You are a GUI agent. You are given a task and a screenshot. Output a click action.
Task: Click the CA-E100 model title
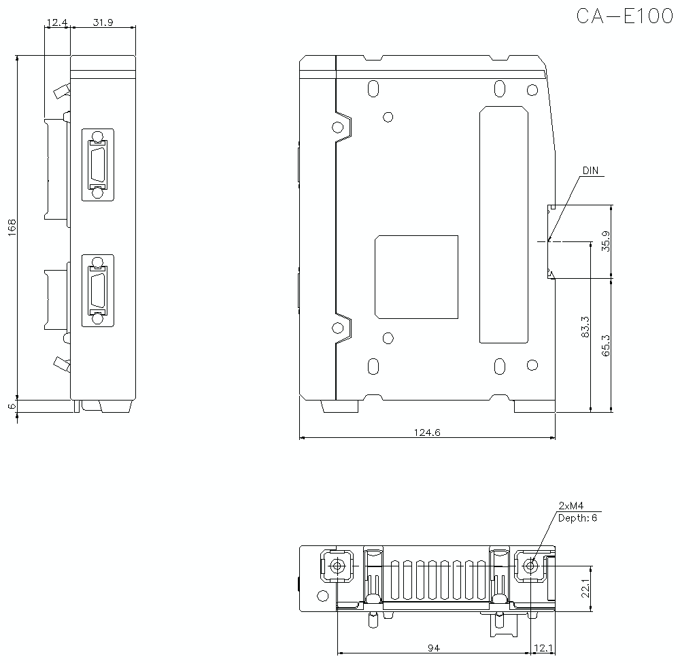click(x=624, y=16)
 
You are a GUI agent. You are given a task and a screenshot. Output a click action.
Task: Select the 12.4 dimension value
click(x=56, y=22)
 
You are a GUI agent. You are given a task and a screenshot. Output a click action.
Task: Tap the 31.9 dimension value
click(x=103, y=22)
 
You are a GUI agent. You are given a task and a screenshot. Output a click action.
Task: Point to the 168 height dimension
click(x=12, y=227)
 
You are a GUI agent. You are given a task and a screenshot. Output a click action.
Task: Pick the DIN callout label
click(x=590, y=171)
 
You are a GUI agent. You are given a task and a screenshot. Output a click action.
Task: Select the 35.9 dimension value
click(x=606, y=241)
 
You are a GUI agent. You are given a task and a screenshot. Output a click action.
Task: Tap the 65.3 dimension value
click(x=606, y=345)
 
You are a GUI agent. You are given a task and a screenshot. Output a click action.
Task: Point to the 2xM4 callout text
click(x=571, y=506)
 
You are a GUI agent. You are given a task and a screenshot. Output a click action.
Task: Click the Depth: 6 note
click(x=577, y=518)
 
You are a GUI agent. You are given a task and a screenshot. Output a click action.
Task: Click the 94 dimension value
click(x=433, y=648)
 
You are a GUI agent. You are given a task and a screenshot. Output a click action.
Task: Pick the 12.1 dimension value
click(x=544, y=648)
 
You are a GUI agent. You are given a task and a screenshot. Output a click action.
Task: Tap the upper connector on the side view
click(x=97, y=165)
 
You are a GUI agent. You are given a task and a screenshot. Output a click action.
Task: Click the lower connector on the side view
click(x=97, y=290)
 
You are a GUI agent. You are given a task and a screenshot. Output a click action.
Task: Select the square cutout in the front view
click(x=416, y=277)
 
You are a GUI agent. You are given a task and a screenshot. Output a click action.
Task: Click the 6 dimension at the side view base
click(x=12, y=406)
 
